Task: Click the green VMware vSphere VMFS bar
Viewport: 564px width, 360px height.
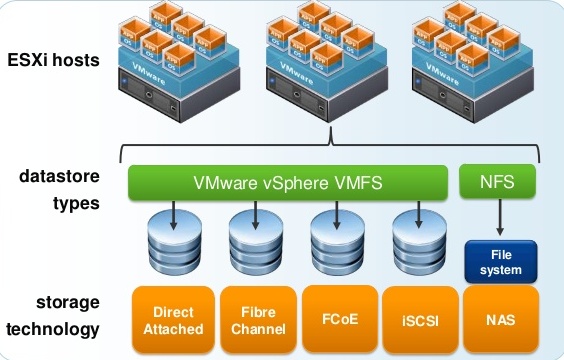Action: coord(288,184)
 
